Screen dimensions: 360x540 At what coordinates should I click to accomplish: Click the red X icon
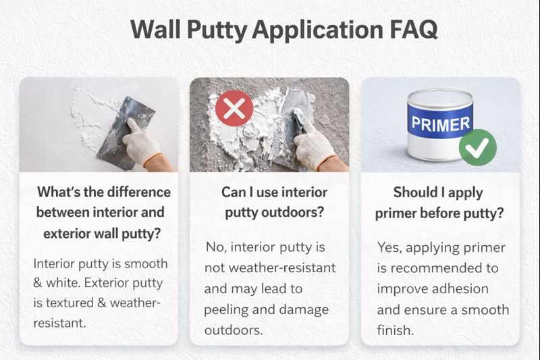[x=234, y=109]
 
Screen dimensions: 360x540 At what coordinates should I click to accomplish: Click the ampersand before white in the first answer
[x=38, y=284]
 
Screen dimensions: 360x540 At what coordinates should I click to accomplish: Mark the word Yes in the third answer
[x=389, y=247]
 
